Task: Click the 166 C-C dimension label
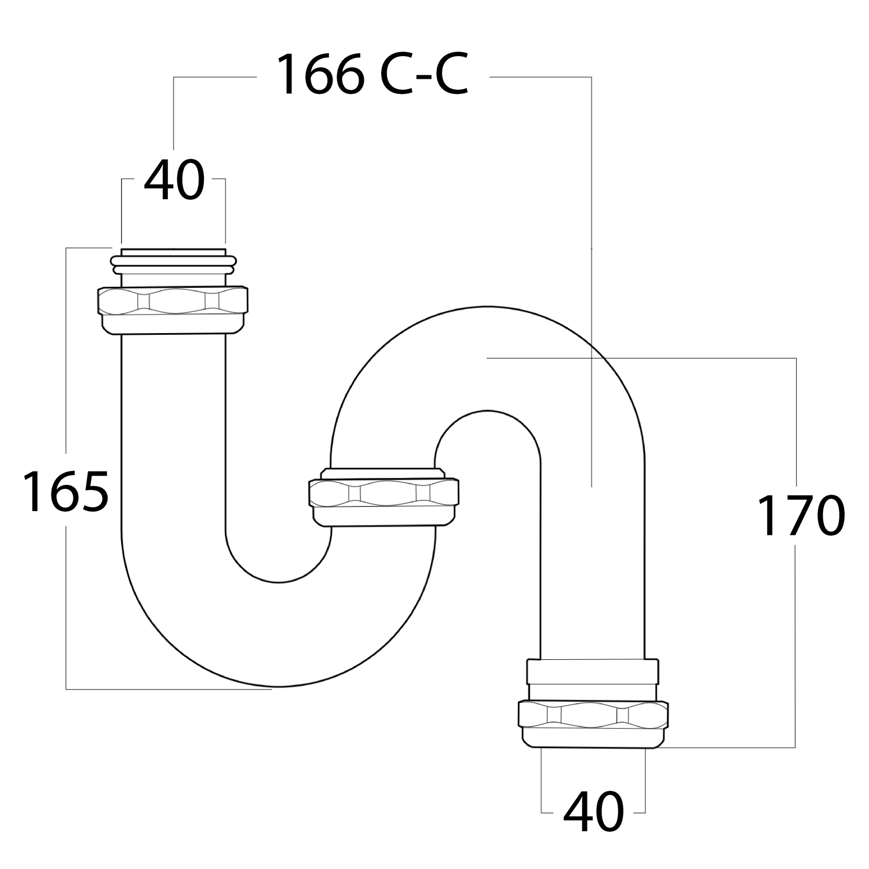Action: (371, 75)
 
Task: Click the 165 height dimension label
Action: (65, 492)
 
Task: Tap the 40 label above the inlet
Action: (174, 181)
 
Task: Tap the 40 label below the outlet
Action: (594, 812)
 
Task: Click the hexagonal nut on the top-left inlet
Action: (173, 302)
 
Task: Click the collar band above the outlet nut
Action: (592, 671)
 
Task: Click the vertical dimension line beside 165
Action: (66, 608)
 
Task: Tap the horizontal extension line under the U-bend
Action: (168, 689)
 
